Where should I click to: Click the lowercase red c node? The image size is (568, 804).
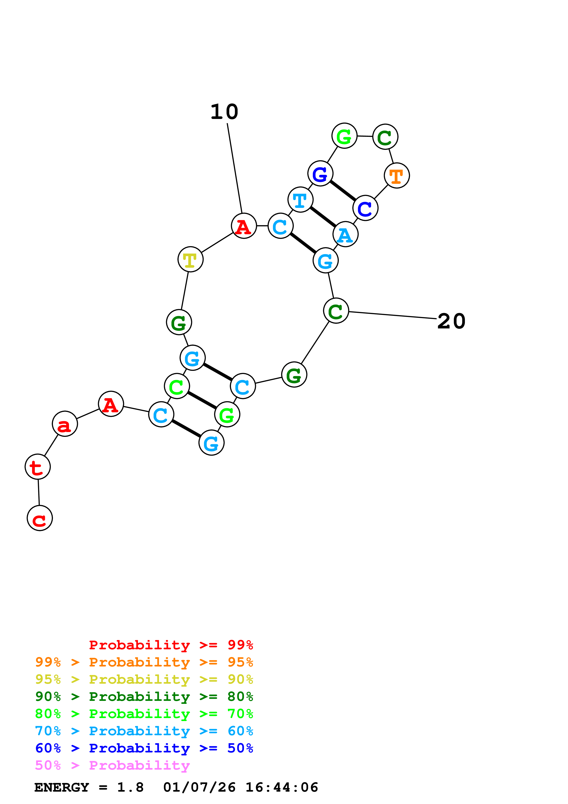tap(40, 518)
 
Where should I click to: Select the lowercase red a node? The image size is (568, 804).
tap(65, 424)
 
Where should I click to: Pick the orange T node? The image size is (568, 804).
tap(397, 175)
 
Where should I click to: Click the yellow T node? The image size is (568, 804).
tap(190, 259)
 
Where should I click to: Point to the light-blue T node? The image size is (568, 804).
tap(300, 200)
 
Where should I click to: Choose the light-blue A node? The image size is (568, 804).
tap(346, 234)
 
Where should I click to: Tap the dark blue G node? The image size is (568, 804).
tap(320, 173)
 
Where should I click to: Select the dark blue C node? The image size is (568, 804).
tap(365, 208)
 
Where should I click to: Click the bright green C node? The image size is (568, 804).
tap(177, 386)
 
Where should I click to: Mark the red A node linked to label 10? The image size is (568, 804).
tap(244, 226)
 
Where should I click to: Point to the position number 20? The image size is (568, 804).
tap(451, 321)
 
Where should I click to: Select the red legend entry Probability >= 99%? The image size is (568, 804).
tap(171, 645)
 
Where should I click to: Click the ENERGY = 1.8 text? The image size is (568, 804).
tap(89, 787)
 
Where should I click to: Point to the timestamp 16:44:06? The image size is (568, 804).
tap(282, 787)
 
